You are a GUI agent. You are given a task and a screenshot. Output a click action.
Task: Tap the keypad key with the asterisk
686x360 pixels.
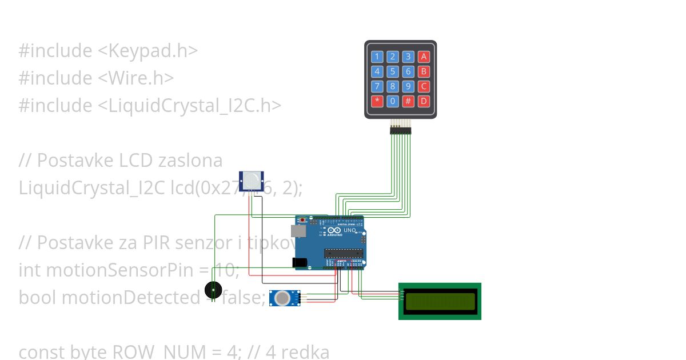(377, 101)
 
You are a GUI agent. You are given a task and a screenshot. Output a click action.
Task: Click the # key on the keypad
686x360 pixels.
(408, 101)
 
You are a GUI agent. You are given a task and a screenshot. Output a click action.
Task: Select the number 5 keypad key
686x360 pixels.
(393, 71)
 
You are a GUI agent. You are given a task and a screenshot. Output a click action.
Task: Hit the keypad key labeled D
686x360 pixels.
(424, 101)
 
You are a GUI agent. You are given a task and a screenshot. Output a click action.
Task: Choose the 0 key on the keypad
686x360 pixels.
(393, 101)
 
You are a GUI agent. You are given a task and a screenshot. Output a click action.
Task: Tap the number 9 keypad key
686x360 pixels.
(408, 86)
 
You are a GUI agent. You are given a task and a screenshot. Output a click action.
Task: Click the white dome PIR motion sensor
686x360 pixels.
(250, 181)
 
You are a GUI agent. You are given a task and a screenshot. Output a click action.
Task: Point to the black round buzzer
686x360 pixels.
(213, 290)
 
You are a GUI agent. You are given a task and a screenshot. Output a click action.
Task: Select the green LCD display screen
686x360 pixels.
(440, 301)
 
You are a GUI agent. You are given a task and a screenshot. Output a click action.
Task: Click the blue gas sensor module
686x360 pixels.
(284, 298)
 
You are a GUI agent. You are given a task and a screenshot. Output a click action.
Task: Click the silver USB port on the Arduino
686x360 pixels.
(298, 231)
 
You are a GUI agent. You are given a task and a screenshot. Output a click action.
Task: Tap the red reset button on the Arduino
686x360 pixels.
(303, 220)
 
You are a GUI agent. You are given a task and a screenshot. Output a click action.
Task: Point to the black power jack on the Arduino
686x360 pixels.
(299, 262)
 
